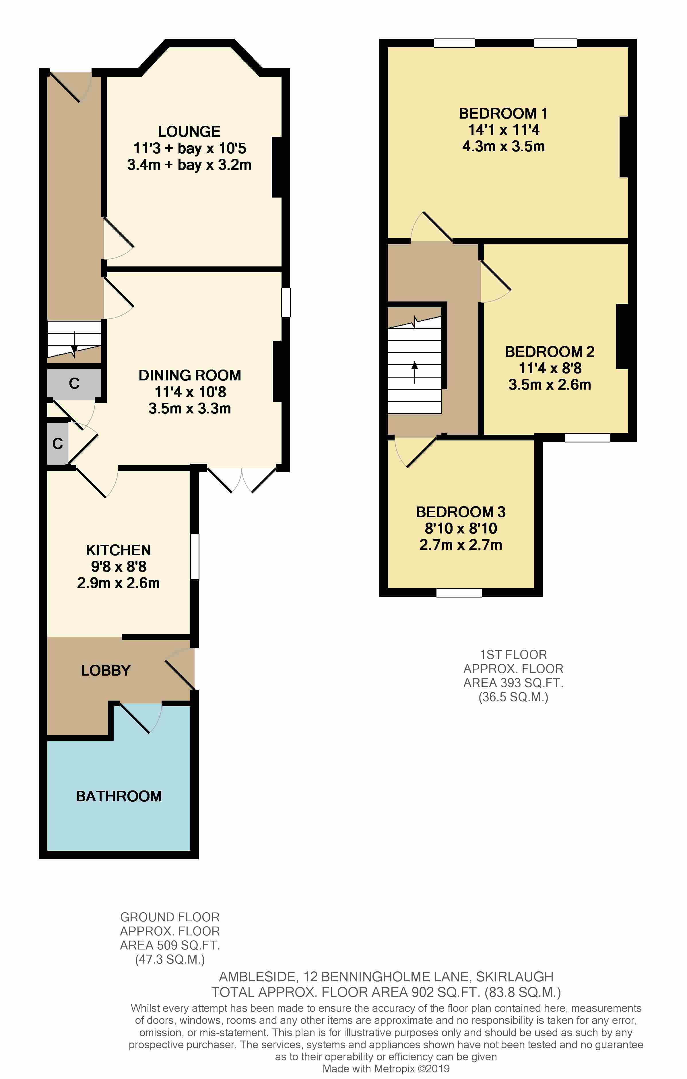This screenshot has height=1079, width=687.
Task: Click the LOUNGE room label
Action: [x=189, y=131]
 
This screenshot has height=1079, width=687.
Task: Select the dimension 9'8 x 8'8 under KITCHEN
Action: [x=119, y=566]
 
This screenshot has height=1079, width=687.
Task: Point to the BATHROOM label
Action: [x=119, y=796]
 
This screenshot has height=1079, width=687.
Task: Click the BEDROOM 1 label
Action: [x=503, y=113]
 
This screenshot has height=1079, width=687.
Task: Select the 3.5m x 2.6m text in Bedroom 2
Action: [x=550, y=384]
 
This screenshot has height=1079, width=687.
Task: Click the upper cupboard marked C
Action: [x=74, y=383]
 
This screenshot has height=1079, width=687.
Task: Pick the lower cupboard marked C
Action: [x=57, y=444]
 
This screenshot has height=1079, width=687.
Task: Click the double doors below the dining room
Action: [x=242, y=479]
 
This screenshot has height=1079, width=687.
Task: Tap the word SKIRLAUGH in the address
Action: [x=514, y=976]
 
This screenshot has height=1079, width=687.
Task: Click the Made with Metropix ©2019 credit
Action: [x=386, y=1069]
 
